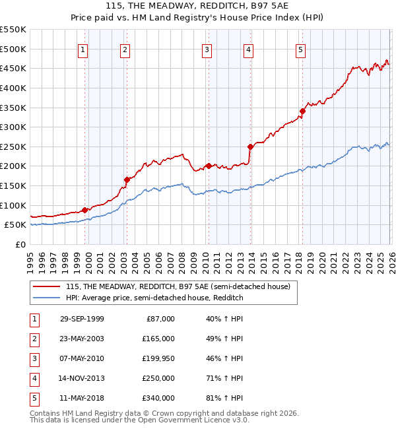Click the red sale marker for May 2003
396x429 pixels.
(127, 179)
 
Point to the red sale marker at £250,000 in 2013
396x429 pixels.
(250, 147)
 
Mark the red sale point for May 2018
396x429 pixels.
(302, 111)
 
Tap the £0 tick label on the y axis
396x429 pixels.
(20, 244)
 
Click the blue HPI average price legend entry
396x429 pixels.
(154, 298)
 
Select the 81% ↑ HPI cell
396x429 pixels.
(224, 398)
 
